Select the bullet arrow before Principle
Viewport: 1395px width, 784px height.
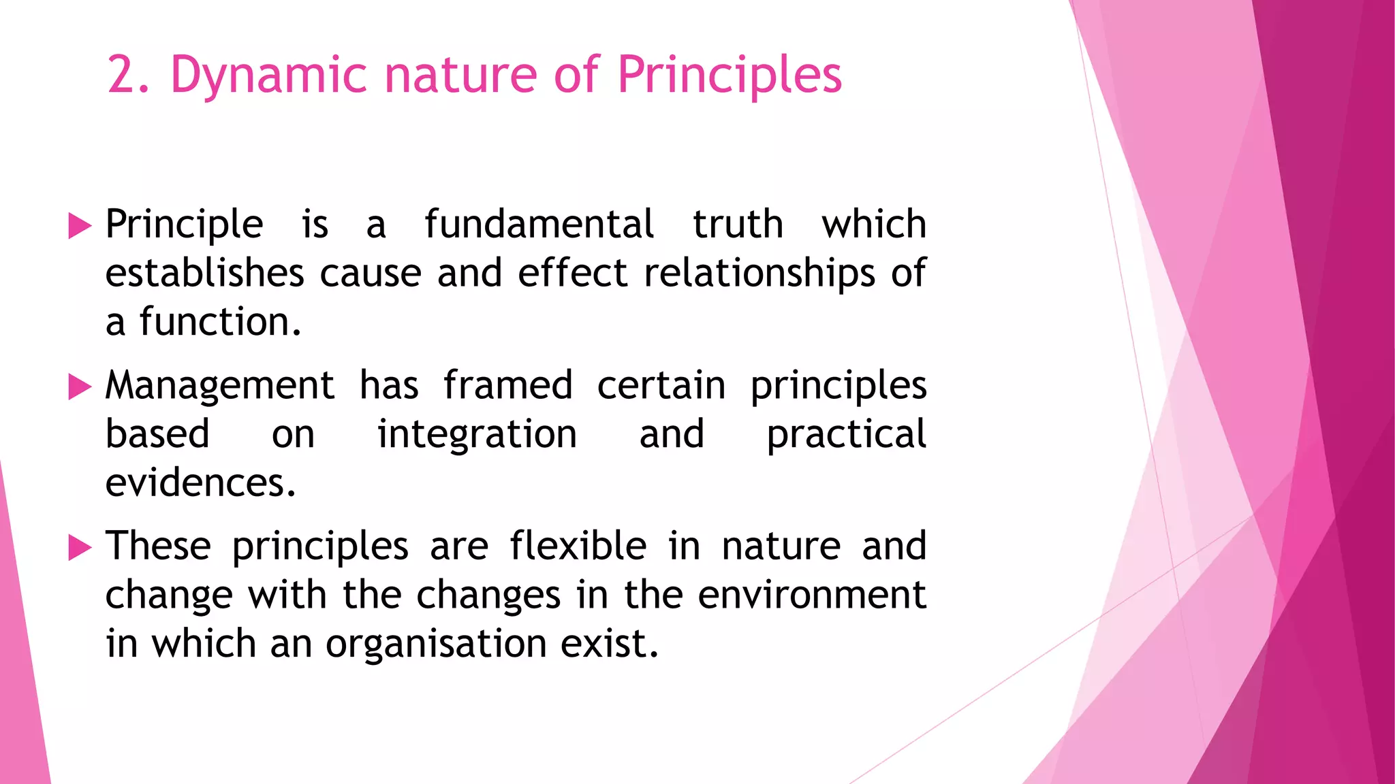[x=80, y=226]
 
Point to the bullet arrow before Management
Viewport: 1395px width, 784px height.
[x=80, y=387]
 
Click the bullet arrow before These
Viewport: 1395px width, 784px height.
[x=80, y=548]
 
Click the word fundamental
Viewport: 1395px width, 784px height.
[x=539, y=225]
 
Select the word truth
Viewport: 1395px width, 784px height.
[x=738, y=225]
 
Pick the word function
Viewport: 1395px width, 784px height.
[x=219, y=322]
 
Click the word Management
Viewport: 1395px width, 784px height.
[x=219, y=386]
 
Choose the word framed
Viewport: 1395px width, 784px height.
[x=507, y=386]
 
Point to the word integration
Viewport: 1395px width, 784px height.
[x=477, y=434]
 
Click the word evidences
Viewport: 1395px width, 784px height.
[x=200, y=483]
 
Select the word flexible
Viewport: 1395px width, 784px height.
[x=578, y=546]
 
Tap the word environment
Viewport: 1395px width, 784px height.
[x=812, y=595]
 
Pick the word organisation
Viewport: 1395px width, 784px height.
[x=436, y=644]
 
